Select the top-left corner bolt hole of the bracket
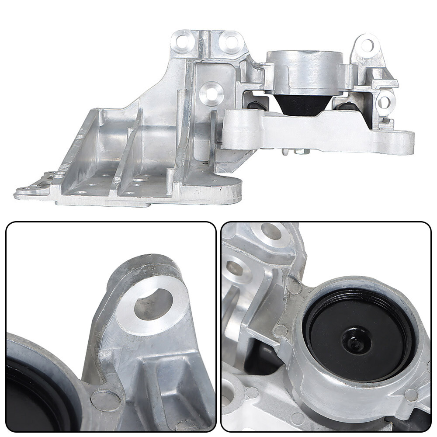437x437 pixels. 181,42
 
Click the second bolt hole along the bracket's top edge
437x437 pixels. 230,42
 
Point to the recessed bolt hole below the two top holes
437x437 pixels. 212,93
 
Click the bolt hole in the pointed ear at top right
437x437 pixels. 367,45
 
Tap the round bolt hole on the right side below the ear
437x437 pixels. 384,102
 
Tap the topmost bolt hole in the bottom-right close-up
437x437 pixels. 271,232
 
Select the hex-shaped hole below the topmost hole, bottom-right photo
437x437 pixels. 236,269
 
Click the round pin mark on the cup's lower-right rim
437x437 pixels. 410,395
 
